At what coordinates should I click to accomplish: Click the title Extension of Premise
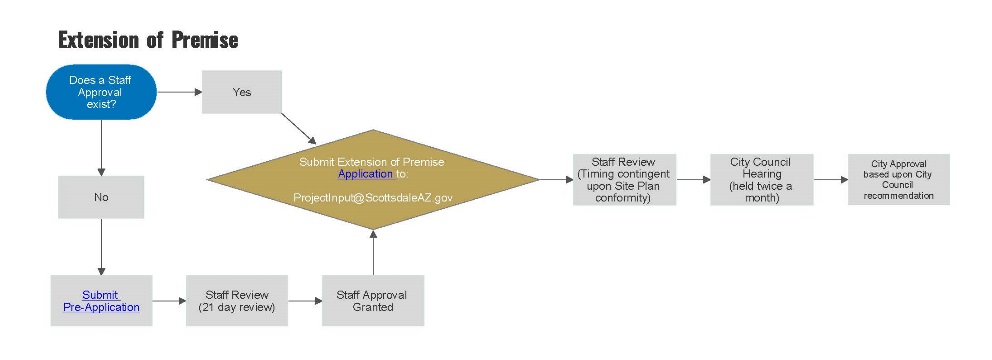pos(147,41)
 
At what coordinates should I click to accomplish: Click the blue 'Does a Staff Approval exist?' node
pos(101,92)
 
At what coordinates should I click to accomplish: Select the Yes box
pos(242,92)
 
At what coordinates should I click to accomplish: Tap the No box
pos(101,197)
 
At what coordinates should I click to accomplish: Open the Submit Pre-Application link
pos(101,301)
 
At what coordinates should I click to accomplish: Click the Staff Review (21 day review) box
pos(237,301)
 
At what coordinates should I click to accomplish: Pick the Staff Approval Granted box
pos(372,301)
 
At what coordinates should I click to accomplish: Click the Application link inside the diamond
pos(365,174)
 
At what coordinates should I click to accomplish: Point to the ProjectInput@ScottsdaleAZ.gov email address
pos(373,198)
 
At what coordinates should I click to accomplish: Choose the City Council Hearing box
pos(762,179)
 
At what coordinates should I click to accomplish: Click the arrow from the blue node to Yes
pos(179,92)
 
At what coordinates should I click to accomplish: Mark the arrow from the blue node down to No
pos(101,148)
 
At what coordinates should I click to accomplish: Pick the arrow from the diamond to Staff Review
pos(556,180)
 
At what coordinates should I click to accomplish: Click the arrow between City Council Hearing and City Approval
pos(831,180)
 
